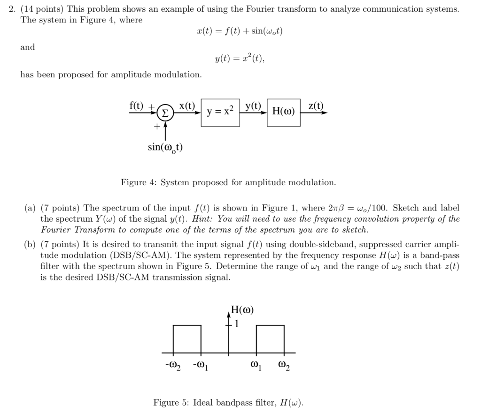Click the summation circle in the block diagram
165,113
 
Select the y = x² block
220,112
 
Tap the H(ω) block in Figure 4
284,112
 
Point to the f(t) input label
137,105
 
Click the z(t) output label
316,105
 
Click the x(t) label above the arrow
187,105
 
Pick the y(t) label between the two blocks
253,105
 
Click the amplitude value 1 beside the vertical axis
237,324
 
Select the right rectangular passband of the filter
270,339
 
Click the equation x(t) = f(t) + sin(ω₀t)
240,31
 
